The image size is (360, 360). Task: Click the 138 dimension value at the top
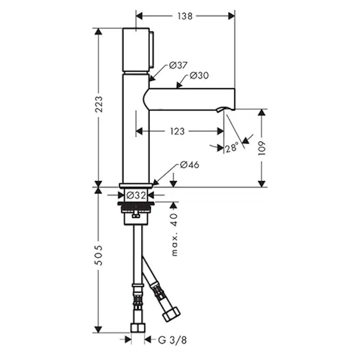point(185,16)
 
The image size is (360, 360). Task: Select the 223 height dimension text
point(99,104)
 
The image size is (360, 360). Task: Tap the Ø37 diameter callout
point(178,65)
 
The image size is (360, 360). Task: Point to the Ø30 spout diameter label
point(199,75)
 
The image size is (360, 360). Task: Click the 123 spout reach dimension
point(177,131)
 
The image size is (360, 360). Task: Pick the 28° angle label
point(232,148)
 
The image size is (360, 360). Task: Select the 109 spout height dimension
point(262,148)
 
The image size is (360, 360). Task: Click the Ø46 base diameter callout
point(190,165)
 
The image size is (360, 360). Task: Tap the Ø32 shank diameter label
point(136,195)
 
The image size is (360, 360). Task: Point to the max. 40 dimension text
point(174,234)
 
